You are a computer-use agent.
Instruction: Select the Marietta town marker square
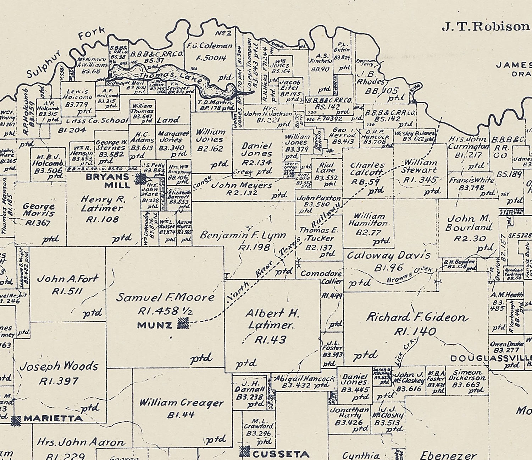pos(16,420)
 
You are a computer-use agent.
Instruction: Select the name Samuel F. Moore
pos(165,297)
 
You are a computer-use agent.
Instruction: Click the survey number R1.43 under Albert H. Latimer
pos(270,340)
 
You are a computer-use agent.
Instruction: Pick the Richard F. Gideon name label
pos(417,317)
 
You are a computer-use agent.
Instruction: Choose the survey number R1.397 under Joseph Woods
pos(59,382)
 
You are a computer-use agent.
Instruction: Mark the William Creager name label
pos(181,403)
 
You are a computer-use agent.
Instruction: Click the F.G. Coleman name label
pos(210,46)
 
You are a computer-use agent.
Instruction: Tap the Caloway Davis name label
pos(388,256)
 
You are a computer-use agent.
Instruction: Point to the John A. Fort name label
pos(67,279)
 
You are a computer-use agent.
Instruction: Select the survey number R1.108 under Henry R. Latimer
pos(102,220)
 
